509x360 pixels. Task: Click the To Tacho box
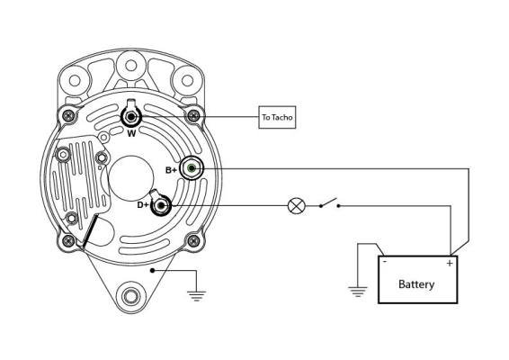[x=277, y=117]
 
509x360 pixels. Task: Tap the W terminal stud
[x=131, y=117]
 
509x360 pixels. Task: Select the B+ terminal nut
[x=192, y=168]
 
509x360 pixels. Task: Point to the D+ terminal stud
[x=161, y=206]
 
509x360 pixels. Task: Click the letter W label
[x=131, y=133]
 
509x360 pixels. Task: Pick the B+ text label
[x=172, y=170]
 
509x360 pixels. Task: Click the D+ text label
[x=143, y=205]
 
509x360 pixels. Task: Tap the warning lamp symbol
[x=297, y=206]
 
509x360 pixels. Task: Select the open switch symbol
[x=329, y=203]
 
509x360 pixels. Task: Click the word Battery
[x=416, y=284]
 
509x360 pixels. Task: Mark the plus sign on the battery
[x=450, y=263]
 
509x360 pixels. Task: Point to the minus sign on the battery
[x=385, y=261]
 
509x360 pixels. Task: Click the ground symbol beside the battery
[x=358, y=292]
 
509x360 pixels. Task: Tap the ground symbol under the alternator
[x=196, y=296]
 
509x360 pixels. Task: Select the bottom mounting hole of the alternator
[x=130, y=297]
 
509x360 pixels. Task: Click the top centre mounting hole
[x=130, y=66]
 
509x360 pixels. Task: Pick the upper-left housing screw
[x=68, y=115]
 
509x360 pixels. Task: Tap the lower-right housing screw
[x=193, y=241]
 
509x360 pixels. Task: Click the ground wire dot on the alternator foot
[x=152, y=270]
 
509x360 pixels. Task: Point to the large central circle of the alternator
[x=131, y=178]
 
